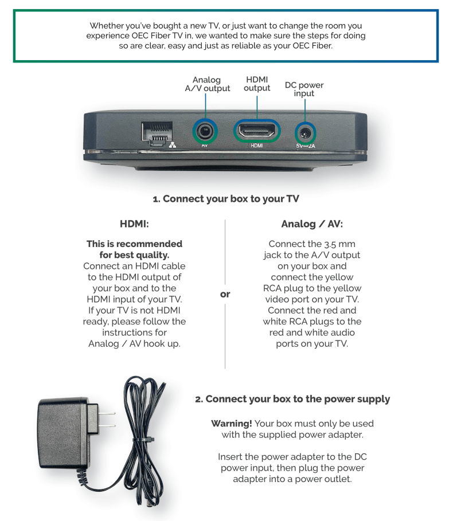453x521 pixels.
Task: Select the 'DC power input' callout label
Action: point(304,89)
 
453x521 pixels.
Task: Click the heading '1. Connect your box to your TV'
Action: point(226,198)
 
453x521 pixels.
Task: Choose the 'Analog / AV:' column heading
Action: point(313,224)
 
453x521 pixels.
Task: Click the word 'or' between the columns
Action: point(225,294)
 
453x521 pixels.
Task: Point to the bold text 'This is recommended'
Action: point(135,244)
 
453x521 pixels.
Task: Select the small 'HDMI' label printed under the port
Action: point(256,146)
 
